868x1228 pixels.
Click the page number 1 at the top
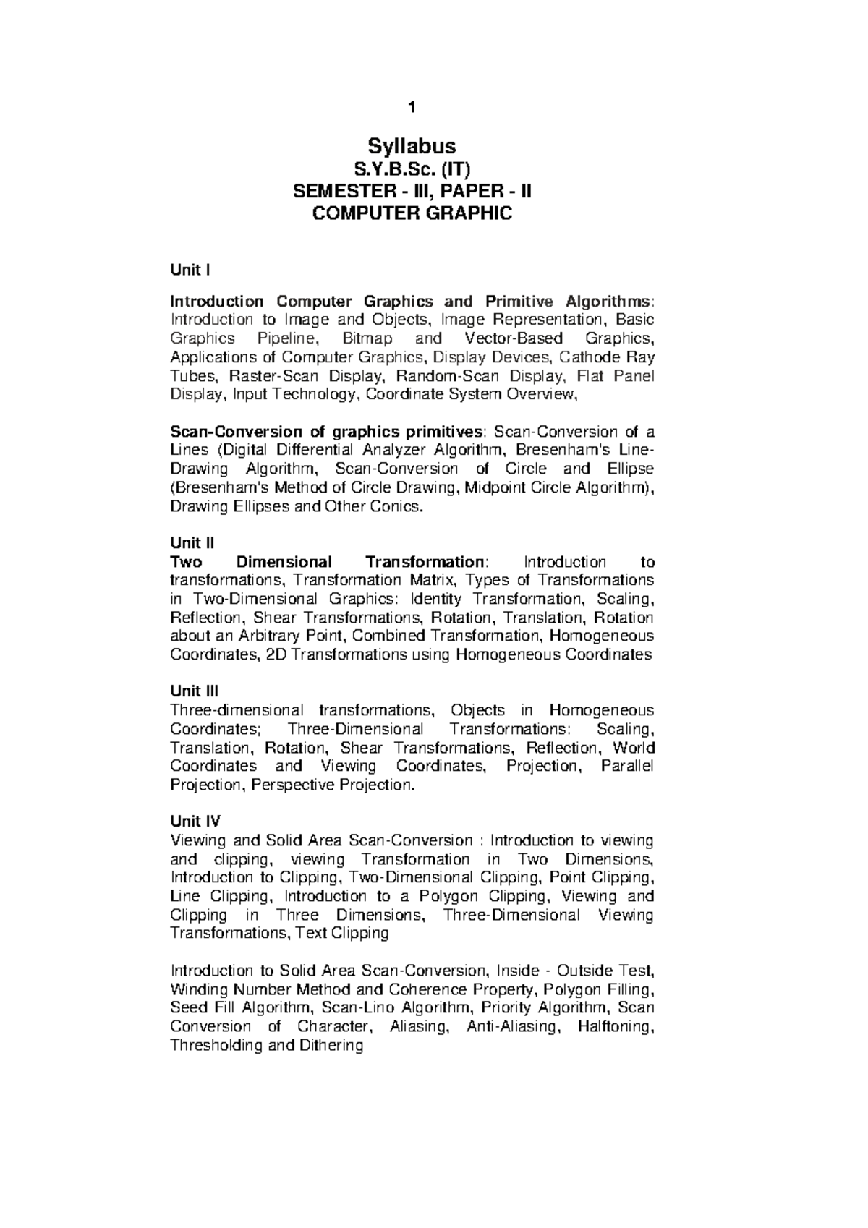412,108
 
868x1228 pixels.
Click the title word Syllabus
412,147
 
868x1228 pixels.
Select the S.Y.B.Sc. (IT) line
412,170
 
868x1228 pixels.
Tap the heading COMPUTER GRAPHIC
412,213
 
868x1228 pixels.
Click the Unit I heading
190,270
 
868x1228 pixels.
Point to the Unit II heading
192,543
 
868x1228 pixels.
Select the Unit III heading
194,691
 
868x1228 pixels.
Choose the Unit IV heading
195,822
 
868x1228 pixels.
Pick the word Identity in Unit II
435,600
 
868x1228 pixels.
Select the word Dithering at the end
327,1046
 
